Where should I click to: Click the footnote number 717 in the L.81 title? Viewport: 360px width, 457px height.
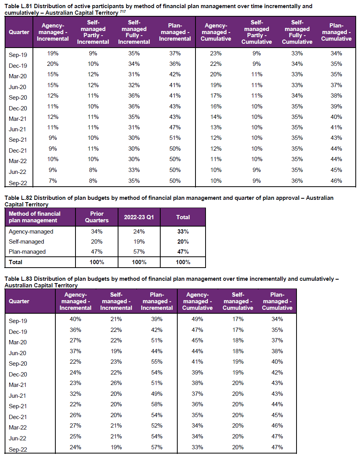[123, 12]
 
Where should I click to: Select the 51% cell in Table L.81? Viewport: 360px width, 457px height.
[175, 138]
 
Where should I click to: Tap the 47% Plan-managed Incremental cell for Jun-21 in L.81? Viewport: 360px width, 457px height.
[175, 127]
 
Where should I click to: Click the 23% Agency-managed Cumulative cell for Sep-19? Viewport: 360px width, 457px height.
[216, 53]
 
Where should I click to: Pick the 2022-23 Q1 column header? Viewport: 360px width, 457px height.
[139, 217]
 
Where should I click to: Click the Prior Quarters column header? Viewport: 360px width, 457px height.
[97, 217]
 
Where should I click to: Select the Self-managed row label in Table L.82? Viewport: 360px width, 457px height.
[26, 242]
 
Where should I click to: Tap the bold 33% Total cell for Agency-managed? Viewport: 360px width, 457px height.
[183, 232]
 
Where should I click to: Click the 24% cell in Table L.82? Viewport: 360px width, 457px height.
[139, 232]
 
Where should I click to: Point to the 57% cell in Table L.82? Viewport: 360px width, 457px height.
[139, 251]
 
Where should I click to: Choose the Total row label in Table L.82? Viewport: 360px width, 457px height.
[15, 262]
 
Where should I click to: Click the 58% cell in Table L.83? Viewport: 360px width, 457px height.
[157, 404]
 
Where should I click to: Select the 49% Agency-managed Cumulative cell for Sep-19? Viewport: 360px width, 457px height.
[197, 319]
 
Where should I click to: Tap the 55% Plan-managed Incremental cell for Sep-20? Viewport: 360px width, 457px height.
[157, 362]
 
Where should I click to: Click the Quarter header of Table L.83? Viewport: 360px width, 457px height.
[19, 301]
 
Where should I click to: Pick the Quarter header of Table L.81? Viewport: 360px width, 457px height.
[19, 32]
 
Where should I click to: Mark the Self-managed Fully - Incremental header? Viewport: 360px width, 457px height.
[134, 32]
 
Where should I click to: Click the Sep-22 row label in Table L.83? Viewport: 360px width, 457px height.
[18, 449]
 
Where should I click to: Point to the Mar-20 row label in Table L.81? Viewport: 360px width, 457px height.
[17, 76]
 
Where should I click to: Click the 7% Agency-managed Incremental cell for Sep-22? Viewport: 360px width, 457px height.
[53, 181]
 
